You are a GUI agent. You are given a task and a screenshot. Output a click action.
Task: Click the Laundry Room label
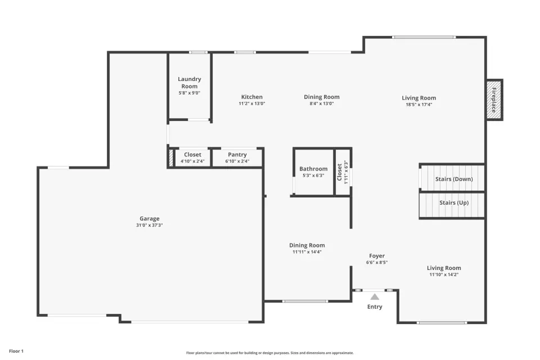190,83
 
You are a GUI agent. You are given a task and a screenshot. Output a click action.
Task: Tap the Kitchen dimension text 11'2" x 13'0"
252,103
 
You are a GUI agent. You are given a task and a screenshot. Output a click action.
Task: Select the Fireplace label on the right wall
494,100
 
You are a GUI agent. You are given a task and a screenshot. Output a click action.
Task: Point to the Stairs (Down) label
454,179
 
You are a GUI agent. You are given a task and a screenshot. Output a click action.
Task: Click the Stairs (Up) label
454,203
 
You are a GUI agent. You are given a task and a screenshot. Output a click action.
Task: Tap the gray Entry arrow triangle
375,297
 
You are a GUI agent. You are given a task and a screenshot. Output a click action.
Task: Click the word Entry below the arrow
375,307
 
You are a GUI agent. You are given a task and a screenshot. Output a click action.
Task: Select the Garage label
150,218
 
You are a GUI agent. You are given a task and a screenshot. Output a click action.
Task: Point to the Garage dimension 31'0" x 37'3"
150,226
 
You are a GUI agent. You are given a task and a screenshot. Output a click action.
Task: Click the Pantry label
237,155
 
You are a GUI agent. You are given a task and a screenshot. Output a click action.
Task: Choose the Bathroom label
313,169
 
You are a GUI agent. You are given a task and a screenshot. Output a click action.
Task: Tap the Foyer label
377,256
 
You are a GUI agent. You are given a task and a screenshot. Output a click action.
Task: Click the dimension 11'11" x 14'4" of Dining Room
307,252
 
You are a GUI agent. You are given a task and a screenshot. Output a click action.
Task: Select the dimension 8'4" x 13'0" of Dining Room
322,103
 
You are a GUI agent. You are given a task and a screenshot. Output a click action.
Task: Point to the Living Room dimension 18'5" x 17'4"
418,105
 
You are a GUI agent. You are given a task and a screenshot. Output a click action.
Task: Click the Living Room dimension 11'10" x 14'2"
444,274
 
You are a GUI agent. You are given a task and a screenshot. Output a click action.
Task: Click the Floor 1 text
16,351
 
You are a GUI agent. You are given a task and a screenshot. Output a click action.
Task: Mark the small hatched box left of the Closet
171,157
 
